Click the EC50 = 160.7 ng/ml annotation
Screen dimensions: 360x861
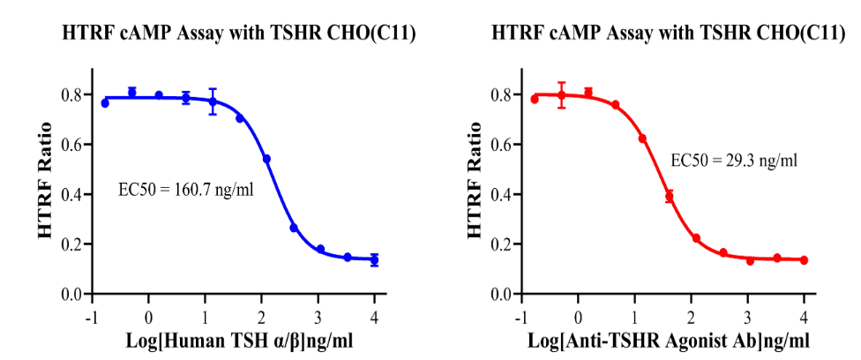pyautogui.click(x=186, y=190)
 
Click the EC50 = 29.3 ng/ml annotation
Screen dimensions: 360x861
pyautogui.click(x=734, y=161)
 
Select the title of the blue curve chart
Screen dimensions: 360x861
pyautogui.click(x=238, y=34)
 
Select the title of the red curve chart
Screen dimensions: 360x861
pyautogui.click(x=668, y=34)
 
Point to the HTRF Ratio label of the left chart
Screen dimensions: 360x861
pyautogui.click(x=46, y=181)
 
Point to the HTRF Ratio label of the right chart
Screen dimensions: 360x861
pyautogui.click(x=475, y=181)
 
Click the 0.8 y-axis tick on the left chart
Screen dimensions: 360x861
pyautogui.click(x=73, y=94)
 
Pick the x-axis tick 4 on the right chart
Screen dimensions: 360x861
pyautogui.click(x=804, y=318)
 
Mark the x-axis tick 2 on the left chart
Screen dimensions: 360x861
pyautogui.click(x=261, y=318)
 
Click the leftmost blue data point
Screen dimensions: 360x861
pyautogui.click(x=105, y=103)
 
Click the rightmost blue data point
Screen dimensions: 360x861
pyautogui.click(x=374, y=260)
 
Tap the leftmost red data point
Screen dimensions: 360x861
pyautogui.click(x=535, y=99)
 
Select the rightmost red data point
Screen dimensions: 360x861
pyautogui.click(x=804, y=260)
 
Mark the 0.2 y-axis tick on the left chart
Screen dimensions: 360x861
pyautogui.click(x=73, y=244)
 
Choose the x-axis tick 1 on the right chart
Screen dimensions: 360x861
pyautogui.click(x=634, y=318)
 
